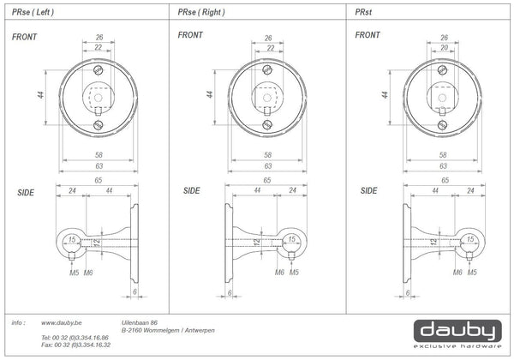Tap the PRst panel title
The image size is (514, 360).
[x=364, y=13]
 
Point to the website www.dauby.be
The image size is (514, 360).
[x=61, y=323]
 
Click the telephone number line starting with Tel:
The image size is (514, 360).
[x=75, y=339]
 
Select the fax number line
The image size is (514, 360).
[x=75, y=345]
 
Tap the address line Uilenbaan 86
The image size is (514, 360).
[x=139, y=323]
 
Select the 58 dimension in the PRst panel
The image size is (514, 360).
[x=442, y=155]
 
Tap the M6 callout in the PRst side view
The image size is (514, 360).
[x=457, y=273]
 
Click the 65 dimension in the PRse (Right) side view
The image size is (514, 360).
[x=269, y=183]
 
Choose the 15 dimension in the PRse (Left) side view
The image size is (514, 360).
[x=73, y=240]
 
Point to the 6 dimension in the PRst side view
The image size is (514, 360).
[x=407, y=291]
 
